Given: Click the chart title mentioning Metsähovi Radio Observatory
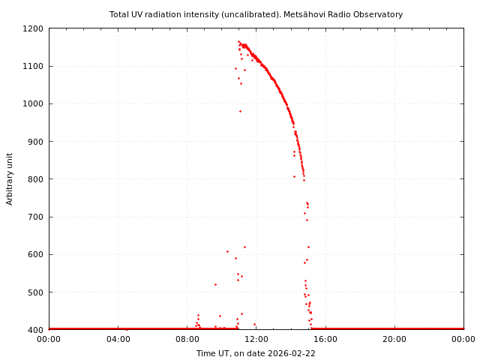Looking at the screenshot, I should coord(256,14).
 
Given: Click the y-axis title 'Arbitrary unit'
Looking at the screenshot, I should coord(10,178).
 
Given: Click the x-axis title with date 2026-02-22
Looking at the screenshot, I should coord(256,353).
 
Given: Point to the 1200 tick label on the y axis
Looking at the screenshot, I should coord(33,28).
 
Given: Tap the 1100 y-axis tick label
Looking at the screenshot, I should coord(33,66).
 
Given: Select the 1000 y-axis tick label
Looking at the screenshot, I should coord(33,103).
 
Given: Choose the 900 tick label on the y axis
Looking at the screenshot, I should coord(35,142).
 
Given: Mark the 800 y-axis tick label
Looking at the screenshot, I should coord(35,179).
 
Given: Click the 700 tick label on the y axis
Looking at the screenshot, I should coord(35,217).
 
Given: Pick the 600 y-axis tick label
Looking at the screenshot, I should coord(35,254).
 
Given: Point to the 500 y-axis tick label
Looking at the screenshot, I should coord(35,292).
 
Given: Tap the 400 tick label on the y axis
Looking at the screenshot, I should coord(35,330).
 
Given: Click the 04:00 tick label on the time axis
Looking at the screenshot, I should coord(118,339).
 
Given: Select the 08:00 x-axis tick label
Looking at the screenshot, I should coord(187,339).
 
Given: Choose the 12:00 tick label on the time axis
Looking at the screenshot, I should coord(256,339).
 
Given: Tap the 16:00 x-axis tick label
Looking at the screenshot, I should coord(325,339).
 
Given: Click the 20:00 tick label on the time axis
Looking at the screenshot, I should coord(394,339).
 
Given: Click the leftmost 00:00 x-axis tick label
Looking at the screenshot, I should coord(49,339).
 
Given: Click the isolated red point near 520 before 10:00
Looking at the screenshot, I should coord(215,284).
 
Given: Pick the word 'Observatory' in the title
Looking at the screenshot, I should coord(379,14).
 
